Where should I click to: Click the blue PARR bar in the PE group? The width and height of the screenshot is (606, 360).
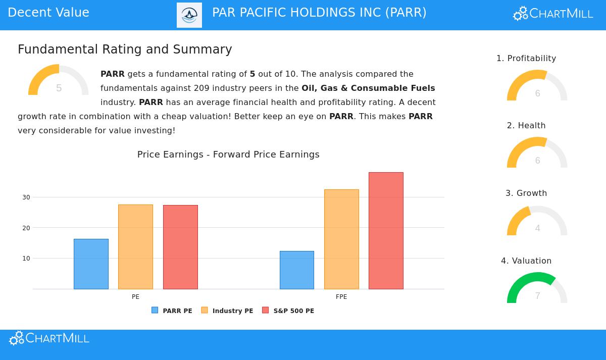(x=91, y=264)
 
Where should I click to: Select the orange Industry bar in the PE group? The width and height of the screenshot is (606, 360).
(x=135, y=246)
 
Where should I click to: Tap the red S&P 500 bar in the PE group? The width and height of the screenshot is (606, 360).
(x=180, y=247)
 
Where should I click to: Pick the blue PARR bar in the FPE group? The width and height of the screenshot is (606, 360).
(x=297, y=270)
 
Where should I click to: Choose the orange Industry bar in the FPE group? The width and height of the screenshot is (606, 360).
(x=341, y=239)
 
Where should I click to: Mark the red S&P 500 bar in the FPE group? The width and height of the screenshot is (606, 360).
(x=386, y=230)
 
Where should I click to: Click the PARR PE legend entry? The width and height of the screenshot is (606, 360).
(x=172, y=311)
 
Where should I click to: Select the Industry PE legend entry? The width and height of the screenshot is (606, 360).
(x=227, y=311)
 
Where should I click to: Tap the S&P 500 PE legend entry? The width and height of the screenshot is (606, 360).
(x=288, y=311)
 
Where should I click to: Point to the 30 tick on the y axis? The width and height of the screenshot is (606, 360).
(x=26, y=197)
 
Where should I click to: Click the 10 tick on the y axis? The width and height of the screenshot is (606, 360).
(x=26, y=258)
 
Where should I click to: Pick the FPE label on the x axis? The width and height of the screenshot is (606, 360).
(x=341, y=297)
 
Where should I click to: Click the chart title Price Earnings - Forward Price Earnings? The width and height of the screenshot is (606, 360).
(x=228, y=155)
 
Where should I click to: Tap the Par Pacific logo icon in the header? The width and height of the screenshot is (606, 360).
(x=189, y=15)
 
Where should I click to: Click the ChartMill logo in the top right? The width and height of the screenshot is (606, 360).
(x=553, y=14)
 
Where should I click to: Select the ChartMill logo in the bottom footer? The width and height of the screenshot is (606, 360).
(x=49, y=338)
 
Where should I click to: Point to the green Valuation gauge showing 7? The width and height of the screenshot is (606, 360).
(x=537, y=289)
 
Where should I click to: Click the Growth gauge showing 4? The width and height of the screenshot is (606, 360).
(x=537, y=222)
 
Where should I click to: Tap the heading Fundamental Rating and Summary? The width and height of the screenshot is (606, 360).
(x=125, y=49)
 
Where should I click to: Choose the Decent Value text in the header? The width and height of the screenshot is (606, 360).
(x=48, y=13)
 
